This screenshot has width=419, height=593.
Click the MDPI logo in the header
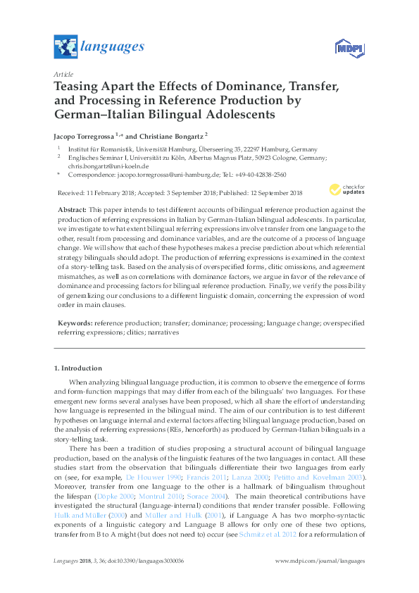(349, 47)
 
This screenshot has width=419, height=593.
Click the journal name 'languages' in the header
(113, 47)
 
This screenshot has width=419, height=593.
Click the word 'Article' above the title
(63, 73)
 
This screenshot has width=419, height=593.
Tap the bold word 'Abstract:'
(70, 210)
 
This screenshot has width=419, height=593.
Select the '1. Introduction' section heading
(78, 368)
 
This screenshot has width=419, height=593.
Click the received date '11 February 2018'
(107, 193)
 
